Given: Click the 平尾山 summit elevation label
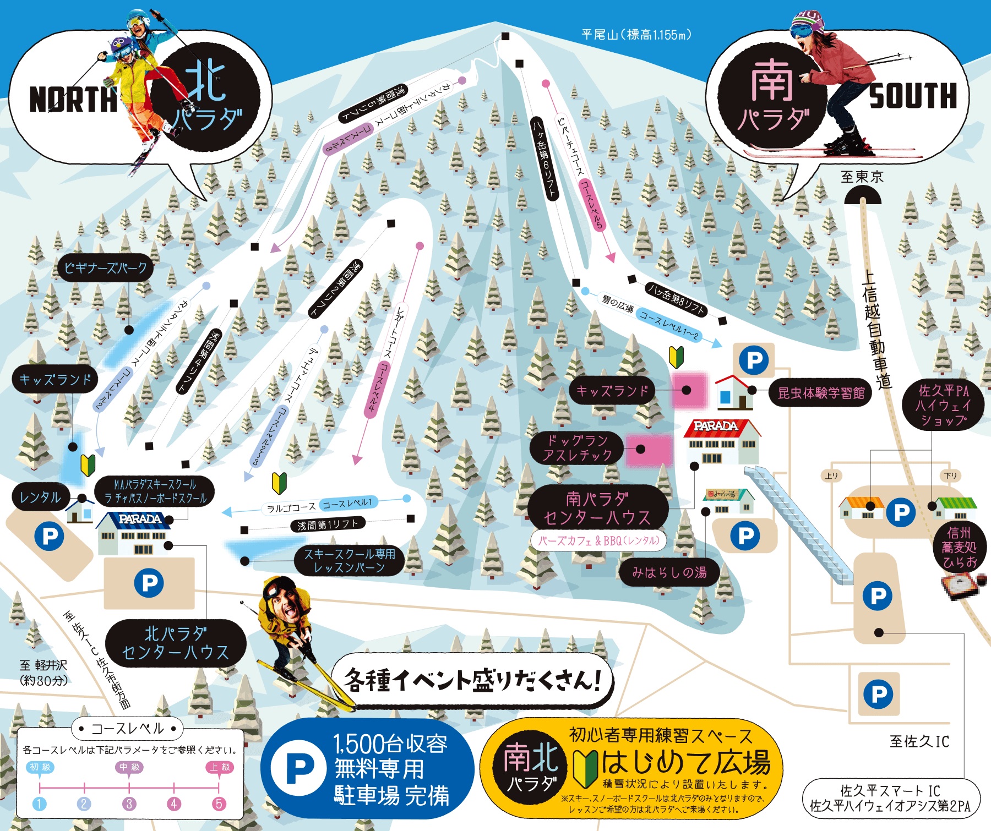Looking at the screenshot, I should click(636, 35).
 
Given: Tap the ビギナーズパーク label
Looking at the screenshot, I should click(106, 268).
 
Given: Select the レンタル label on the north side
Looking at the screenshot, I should click(40, 497).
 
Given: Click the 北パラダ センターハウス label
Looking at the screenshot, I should click(175, 643).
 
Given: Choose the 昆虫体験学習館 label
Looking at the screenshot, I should click(820, 392).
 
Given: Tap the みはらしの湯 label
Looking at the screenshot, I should click(669, 572).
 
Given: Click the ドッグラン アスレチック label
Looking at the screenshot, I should click(576, 447).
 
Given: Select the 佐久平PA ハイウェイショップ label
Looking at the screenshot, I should click(943, 405).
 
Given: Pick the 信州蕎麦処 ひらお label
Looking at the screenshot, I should click(959, 547).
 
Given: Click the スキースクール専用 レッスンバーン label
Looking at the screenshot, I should click(349, 560).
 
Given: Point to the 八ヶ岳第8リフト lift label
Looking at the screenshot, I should click(676, 299).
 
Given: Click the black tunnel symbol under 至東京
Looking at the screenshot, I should click(863, 195).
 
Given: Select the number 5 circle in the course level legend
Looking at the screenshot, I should click(219, 803).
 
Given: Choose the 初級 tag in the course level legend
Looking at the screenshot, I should click(40, 767).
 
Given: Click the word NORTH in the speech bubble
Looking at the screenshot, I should click(73, 100).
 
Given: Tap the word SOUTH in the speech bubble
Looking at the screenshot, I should click(913, 96).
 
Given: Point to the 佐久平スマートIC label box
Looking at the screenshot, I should click(890, 798).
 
